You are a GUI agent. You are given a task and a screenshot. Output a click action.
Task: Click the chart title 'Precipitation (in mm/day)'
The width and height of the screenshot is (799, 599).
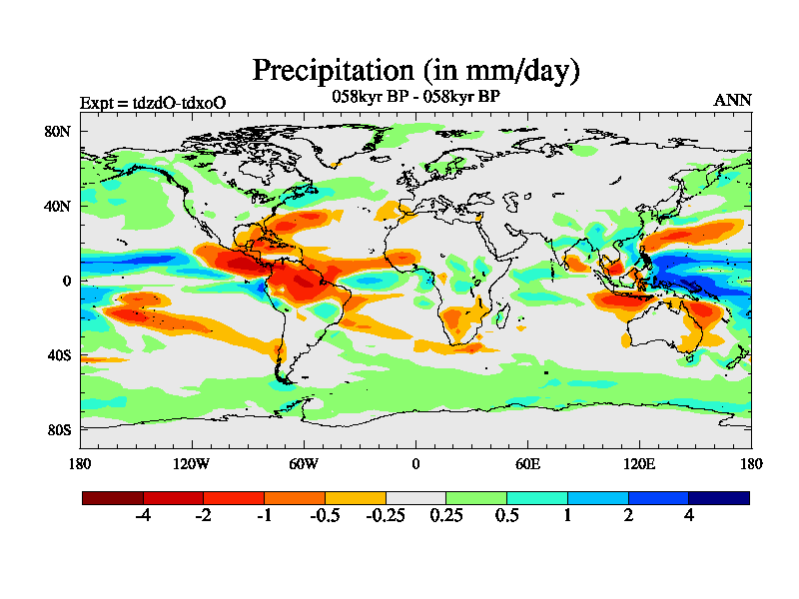tap(415, 71)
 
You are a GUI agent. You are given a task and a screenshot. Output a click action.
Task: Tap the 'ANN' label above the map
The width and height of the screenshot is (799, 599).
tap(732, 101)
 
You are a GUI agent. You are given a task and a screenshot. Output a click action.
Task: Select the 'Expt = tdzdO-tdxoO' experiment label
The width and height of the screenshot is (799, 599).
tap(152, 102)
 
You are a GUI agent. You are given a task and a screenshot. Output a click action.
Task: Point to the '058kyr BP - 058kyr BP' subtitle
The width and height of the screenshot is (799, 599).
tap(415, 97)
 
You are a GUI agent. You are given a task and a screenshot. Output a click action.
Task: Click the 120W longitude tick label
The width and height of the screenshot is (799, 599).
tap(191, 463)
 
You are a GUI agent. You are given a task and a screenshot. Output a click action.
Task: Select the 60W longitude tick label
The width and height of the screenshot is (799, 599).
tap(304, 463)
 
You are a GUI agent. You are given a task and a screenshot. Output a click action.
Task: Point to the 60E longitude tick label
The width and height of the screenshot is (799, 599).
tap(527, 463)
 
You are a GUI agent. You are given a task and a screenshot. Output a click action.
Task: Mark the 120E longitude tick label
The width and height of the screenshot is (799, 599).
tap(639, 463)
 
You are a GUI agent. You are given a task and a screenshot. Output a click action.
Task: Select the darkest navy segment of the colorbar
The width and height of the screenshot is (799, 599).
tap(718, 497)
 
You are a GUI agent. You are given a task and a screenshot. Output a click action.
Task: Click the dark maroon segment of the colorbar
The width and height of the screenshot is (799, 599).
tap(113, 497)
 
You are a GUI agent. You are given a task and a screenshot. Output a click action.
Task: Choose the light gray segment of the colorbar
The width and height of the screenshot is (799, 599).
tap(415, 497)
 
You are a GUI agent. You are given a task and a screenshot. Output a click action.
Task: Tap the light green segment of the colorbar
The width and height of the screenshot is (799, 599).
tap(475, 497)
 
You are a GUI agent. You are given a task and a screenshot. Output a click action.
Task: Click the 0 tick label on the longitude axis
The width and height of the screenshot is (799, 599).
tap(415, 463)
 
